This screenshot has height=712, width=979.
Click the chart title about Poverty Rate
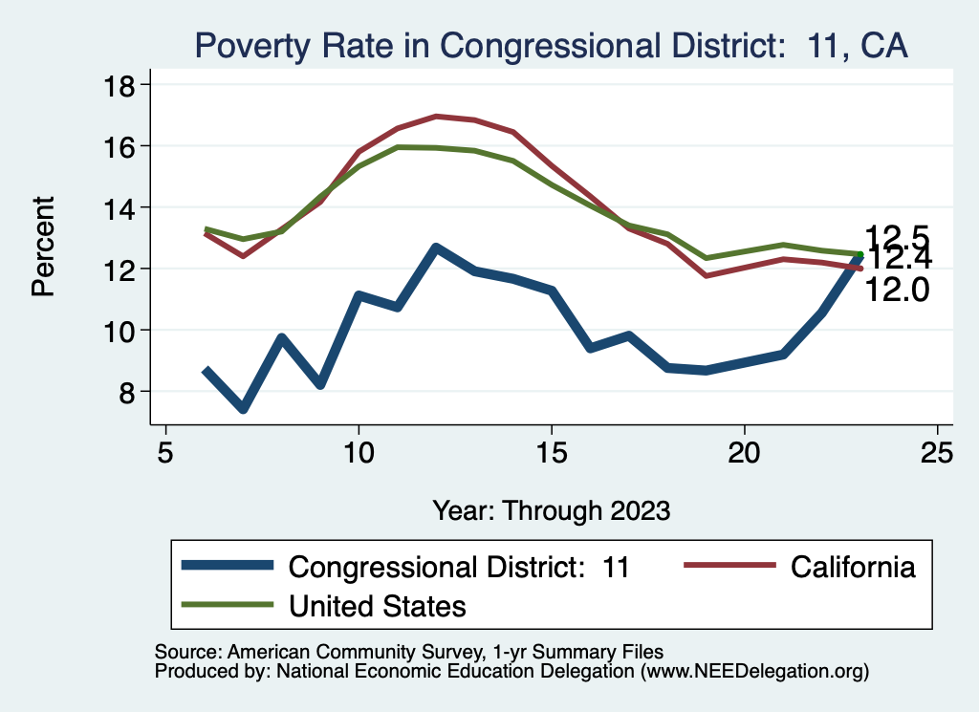click(x=550, y=45)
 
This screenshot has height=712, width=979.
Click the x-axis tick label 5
click(x=166, y=452)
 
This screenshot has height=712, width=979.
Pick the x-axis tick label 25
click(x=938, y=452)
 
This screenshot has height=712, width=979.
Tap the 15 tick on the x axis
click(x=552, y=452)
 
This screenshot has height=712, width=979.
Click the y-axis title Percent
click(x=44, y=246)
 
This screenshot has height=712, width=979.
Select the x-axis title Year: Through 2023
click(x=551, y=508)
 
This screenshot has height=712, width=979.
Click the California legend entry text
click(x=853, y=567)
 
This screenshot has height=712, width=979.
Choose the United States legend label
click(x=377, y=606)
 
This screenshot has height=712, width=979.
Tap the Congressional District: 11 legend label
click(x=459, y=567)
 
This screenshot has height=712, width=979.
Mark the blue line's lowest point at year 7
click(x=244, y=409)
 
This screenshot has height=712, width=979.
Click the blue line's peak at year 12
click(x=436, y=248)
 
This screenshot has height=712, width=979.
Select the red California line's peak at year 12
click(x=436, y=117)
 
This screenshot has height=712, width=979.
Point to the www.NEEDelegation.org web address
click(x=754, y=671)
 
